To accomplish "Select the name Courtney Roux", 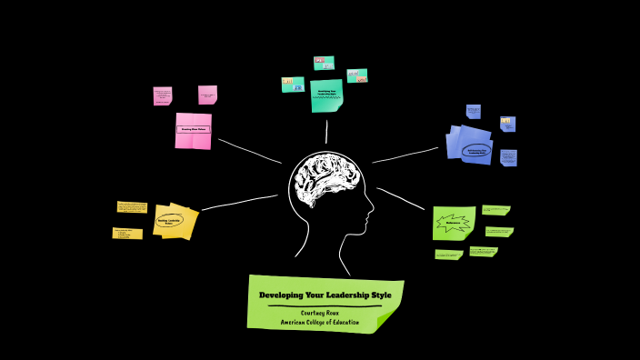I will pyautogui.click(x=325, y=313).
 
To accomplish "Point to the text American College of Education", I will pyautogui.click(x=319, y=322).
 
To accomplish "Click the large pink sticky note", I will pyautogui.click(x=193, y=130).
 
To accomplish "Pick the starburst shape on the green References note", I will pyautogui.click(x=453, y=222).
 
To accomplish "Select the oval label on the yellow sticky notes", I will pyautogui.click(x=169, y=221).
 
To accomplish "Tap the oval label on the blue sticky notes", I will pyautogui.click(x=477, y=151).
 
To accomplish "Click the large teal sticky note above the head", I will pyautogui.click(x=326, y=95).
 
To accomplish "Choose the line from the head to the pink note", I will pyautogui.click(x=250, y=151).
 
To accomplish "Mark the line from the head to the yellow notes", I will pyautogui.click(x=239, y=203).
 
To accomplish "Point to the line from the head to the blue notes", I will pyautogui.click(x=405, y=155).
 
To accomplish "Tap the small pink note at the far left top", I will pyautogui.click(x=163, y=95).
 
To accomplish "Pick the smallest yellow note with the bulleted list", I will pyautogui.click(x=127, y=234).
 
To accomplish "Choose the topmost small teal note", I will pyautogui.click(x=324, y=63).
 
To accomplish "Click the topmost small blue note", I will pyautogui.click(x=474, y=111).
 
